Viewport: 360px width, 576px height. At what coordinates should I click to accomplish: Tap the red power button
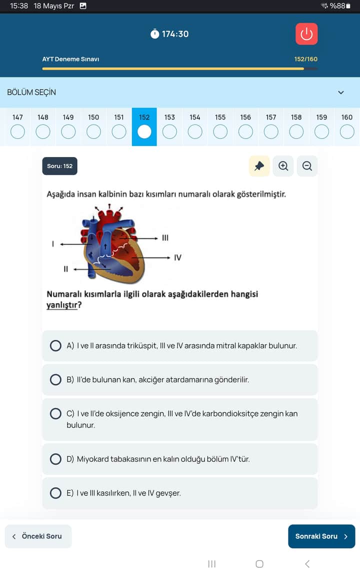point(306,34)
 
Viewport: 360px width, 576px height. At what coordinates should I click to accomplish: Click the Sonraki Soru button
point(321,536)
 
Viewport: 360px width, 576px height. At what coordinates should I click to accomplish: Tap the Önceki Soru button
point(38,536)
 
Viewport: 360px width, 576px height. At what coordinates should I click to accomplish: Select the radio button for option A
point(56,345)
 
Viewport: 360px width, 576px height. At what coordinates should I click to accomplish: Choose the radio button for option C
point(56,414)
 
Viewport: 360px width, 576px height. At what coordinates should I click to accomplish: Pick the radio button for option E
point(56,493)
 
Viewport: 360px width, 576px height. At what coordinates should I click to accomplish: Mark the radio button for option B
point(56,379)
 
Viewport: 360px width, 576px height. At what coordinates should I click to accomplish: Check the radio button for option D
point(56,459)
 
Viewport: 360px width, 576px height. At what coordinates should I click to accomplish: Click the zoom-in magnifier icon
point(283,166)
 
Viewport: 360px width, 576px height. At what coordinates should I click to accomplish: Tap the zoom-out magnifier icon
point(307,166)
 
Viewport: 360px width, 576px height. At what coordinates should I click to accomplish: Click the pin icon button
point(259,166)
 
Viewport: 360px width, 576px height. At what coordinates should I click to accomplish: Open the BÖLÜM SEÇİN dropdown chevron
point(341,92)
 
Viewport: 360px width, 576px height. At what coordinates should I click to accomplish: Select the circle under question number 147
point(17,132)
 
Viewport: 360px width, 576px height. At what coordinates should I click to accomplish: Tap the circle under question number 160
point(347,132)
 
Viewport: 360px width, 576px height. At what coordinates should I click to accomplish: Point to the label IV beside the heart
point(177,258)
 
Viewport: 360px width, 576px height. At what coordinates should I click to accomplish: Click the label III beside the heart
point(165,237)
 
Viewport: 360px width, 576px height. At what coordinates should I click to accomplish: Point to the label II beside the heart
point(65,269)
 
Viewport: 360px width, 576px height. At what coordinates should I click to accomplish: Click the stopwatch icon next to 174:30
point(155,34)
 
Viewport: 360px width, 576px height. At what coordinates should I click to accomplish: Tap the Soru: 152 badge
point(59,166)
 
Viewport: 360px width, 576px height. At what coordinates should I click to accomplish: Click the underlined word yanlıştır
point(62,304)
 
